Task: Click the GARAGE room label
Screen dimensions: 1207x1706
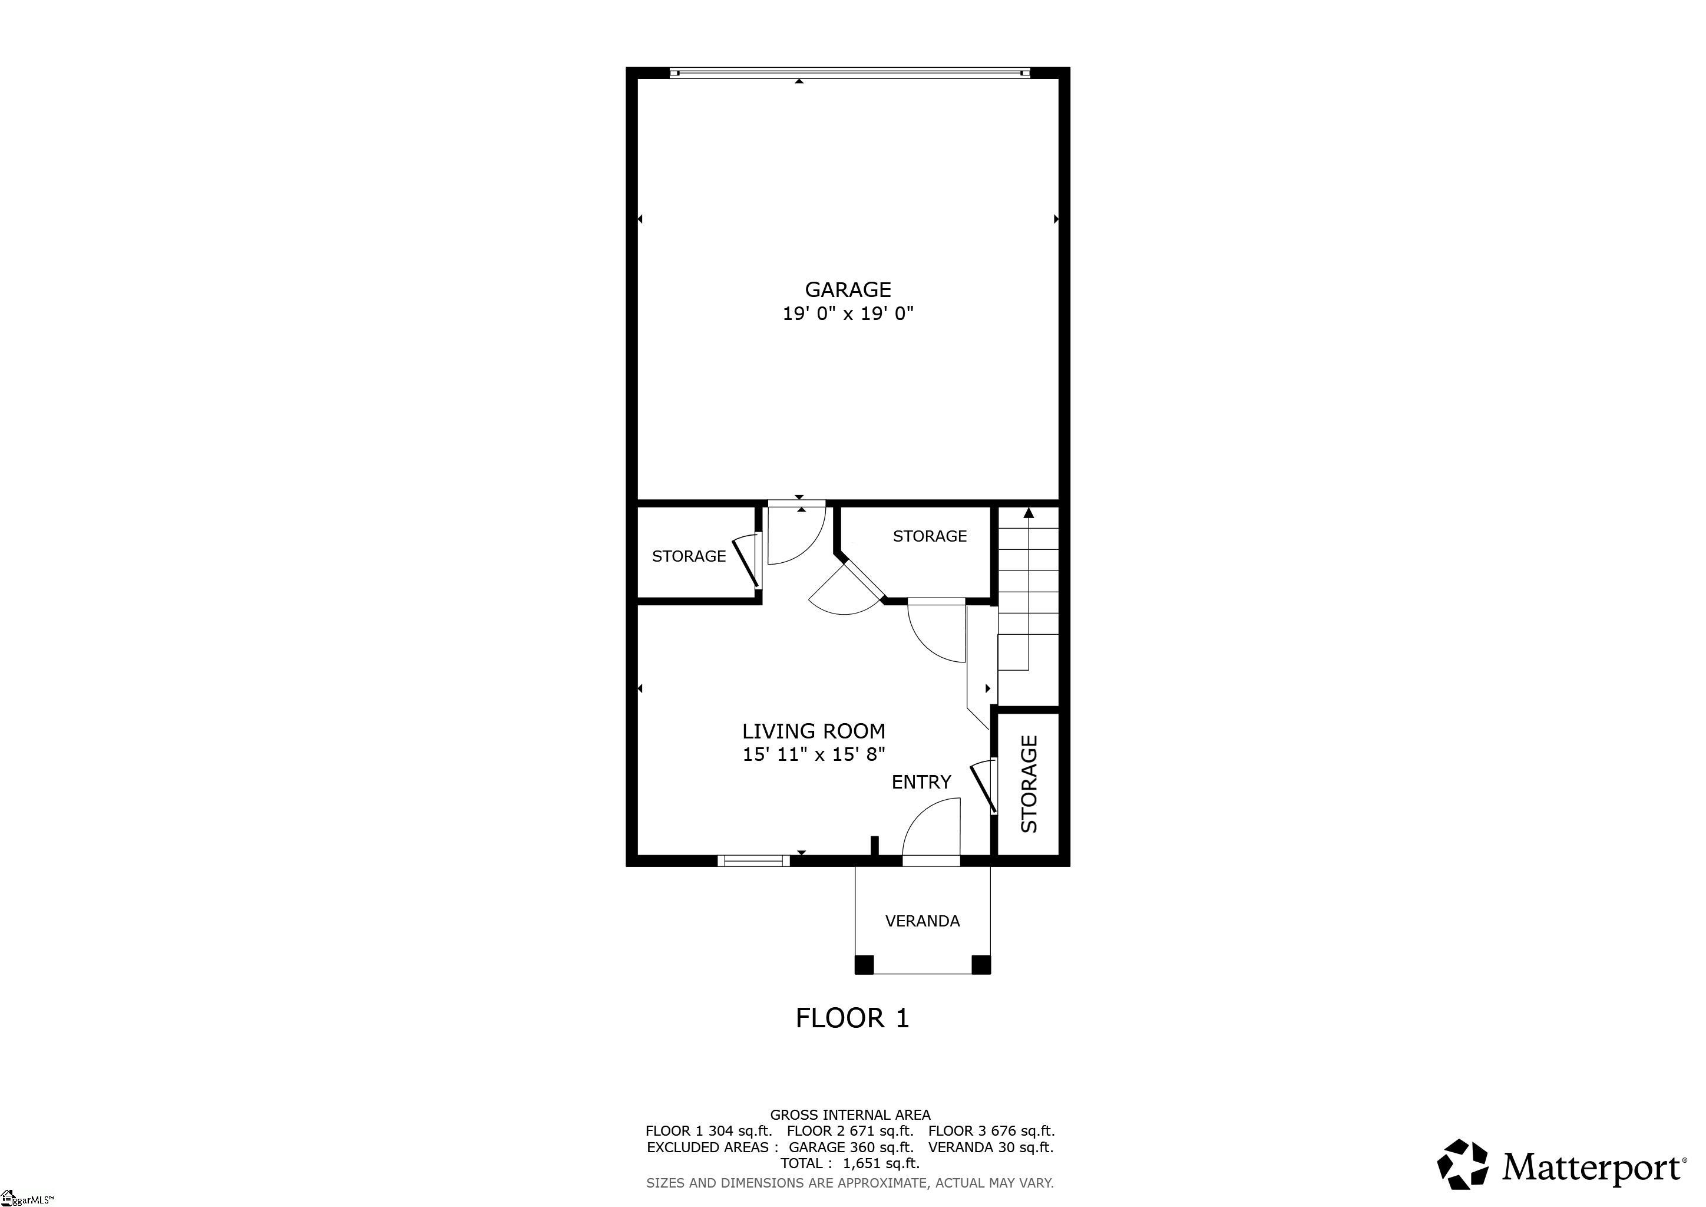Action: pos(848,289)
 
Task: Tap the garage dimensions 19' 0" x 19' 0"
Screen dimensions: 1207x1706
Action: pos(848,314)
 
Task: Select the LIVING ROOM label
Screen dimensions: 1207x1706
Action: pos(814,731)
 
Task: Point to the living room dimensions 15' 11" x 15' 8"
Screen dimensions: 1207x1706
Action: pos(814,755)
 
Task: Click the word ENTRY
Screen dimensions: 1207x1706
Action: pos(921,782)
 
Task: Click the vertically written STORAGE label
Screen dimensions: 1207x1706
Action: pos(1029,784)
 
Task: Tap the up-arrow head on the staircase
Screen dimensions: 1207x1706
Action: pos(1029,513)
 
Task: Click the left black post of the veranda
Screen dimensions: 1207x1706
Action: pos(864,964)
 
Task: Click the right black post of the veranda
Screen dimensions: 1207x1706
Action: pos(981,964)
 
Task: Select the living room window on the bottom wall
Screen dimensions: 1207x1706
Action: pos(753,860)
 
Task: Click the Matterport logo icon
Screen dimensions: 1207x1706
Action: pos(1462,1165)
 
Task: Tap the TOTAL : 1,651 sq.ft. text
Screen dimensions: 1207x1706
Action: pos(850,1163)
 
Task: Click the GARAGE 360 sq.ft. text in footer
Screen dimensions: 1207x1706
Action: pos(851,1147)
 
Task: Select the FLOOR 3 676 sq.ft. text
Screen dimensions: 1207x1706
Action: pos(991,1131)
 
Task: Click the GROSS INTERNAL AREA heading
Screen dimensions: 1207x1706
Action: pos(850,1115)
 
